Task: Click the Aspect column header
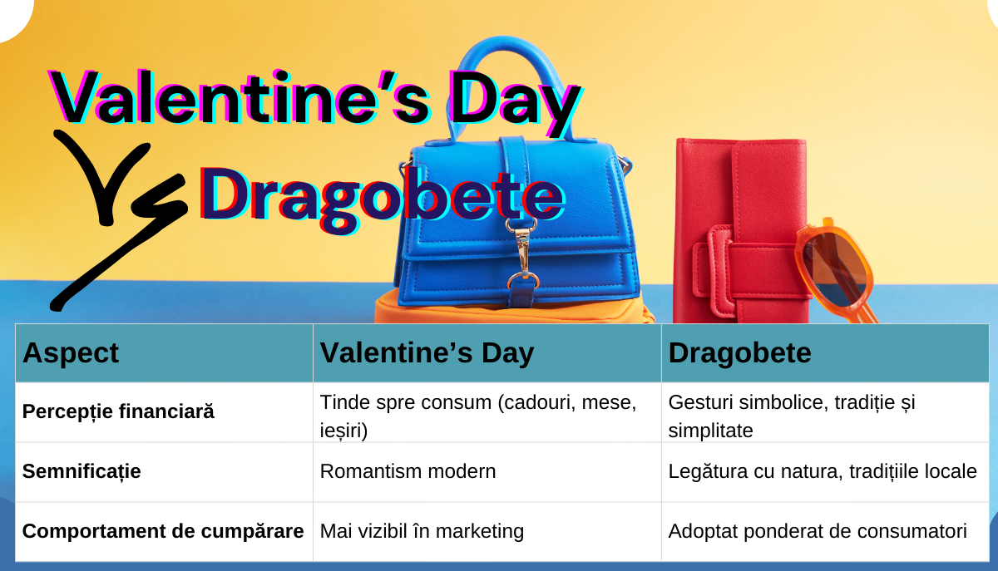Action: click(71, 353)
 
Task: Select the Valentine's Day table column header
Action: click(427, 353)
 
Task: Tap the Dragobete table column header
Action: click(739, 353)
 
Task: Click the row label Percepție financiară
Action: click(118, 411)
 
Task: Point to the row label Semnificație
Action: click(82, 471)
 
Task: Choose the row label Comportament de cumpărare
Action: click(163, 531)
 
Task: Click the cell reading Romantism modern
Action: click(408, 471)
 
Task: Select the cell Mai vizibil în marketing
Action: click(422, 531)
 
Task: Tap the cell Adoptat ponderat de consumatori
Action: click(818, 531)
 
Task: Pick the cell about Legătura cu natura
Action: click(823, 471)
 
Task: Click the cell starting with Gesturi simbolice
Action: click(792, 416)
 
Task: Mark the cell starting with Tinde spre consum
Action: click(478, 416)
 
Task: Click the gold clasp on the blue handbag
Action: click(522, 253)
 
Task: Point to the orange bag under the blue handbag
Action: click(512, 311)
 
